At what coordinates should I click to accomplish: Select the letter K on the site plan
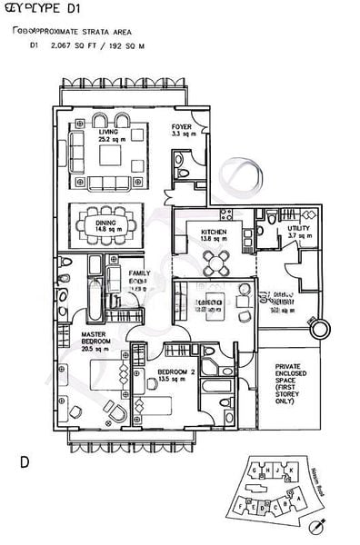click(293, 471)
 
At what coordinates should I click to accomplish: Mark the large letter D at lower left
click(25, 462)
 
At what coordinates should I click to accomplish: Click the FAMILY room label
click(139, 273)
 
